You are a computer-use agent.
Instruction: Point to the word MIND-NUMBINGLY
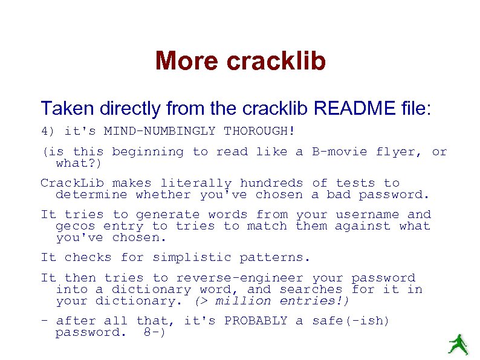[159, 131]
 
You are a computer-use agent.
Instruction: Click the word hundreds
[271, 183]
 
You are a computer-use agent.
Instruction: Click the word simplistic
[192, 257]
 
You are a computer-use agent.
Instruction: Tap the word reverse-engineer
[239, 278]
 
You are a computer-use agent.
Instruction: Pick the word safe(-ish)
[351, 321]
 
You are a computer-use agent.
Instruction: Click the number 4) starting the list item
[48, 131]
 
